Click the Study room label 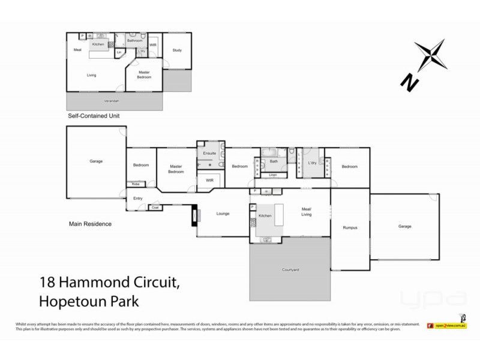tap(176, 50)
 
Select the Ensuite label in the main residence tap(209, 154)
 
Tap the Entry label tap(137, 198)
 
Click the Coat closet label tap(154, 208)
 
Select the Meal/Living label tap(309, 211)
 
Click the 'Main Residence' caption tap(89, 224)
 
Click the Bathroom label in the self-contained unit tap(134, 41)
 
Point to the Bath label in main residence tap(274, 161)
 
